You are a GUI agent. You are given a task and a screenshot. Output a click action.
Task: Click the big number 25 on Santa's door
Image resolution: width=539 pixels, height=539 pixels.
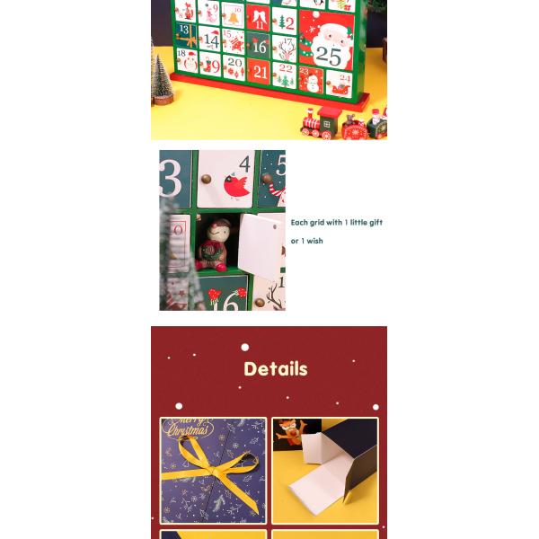tap(328, 56)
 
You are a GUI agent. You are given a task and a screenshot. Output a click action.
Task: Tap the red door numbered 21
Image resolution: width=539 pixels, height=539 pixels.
tap(260, 71)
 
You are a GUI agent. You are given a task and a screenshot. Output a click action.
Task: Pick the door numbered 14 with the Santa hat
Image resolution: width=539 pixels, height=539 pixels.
tap(210, 40)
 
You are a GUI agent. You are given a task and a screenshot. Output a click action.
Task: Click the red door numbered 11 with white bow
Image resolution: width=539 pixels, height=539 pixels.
tap(259, 17)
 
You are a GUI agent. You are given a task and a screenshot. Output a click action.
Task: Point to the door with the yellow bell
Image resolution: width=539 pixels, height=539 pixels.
tap(234, 15)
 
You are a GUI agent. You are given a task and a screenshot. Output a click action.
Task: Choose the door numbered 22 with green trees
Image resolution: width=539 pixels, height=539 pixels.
tap(284, 74)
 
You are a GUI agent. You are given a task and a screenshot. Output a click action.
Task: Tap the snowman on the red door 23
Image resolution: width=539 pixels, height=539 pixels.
tap(311, 81)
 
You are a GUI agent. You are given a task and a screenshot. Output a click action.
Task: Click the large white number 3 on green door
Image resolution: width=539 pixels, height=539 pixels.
tap(170, 178)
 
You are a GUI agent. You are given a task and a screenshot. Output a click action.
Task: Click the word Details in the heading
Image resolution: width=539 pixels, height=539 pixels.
tap(275, 369)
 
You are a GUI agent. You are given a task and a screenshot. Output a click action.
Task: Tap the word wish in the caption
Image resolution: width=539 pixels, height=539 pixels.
tap(313, 241)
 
